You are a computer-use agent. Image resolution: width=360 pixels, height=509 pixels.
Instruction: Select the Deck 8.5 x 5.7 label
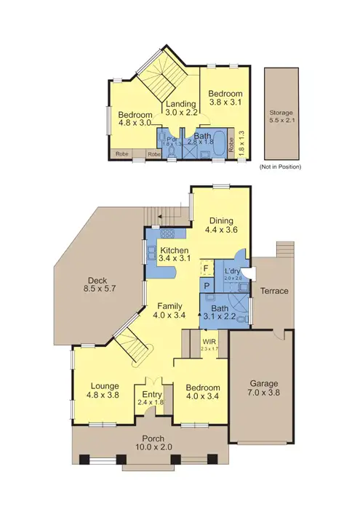(97, 284)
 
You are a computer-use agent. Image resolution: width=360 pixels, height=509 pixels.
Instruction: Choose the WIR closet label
(209, 343)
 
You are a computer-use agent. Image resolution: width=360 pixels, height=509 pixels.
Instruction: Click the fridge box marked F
(207, 266)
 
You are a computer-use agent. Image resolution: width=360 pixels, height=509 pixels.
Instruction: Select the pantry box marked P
(207, 286)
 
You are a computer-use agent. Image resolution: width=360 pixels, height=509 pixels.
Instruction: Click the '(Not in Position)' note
(280, 167)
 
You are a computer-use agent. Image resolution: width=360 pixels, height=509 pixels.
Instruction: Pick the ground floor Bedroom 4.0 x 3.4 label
(201, 391)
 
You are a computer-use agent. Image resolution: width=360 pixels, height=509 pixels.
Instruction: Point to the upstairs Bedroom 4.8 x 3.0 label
(135, 119)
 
